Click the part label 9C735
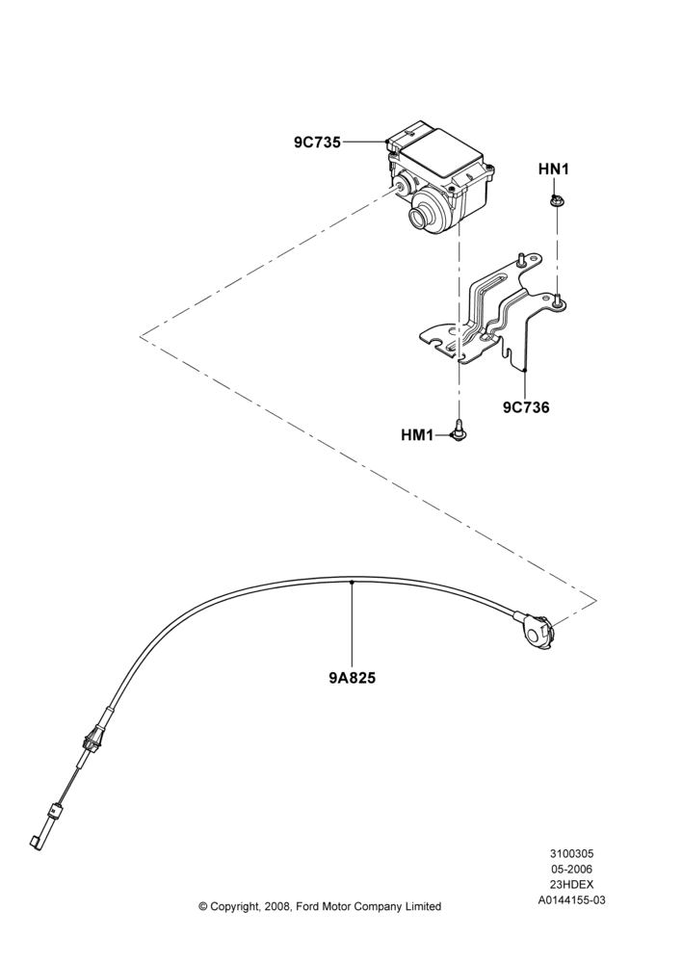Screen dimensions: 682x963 [317, 143]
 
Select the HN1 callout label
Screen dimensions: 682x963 [554, 169]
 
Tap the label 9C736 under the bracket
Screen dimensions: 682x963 [527, 406]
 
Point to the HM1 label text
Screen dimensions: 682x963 [417, 435]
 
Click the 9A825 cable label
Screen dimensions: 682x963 [352, 678]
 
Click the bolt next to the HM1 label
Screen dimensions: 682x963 [458, 429]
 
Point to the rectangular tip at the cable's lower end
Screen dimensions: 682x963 [35, 841]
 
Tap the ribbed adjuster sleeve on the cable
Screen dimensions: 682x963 [91, 739]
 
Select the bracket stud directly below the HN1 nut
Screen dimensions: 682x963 [557, 300]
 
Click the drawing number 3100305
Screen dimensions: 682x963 [571, 853]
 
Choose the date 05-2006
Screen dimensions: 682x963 [571, 869]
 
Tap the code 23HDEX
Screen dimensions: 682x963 [571, 885]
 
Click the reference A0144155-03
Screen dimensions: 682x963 [571, 900]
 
